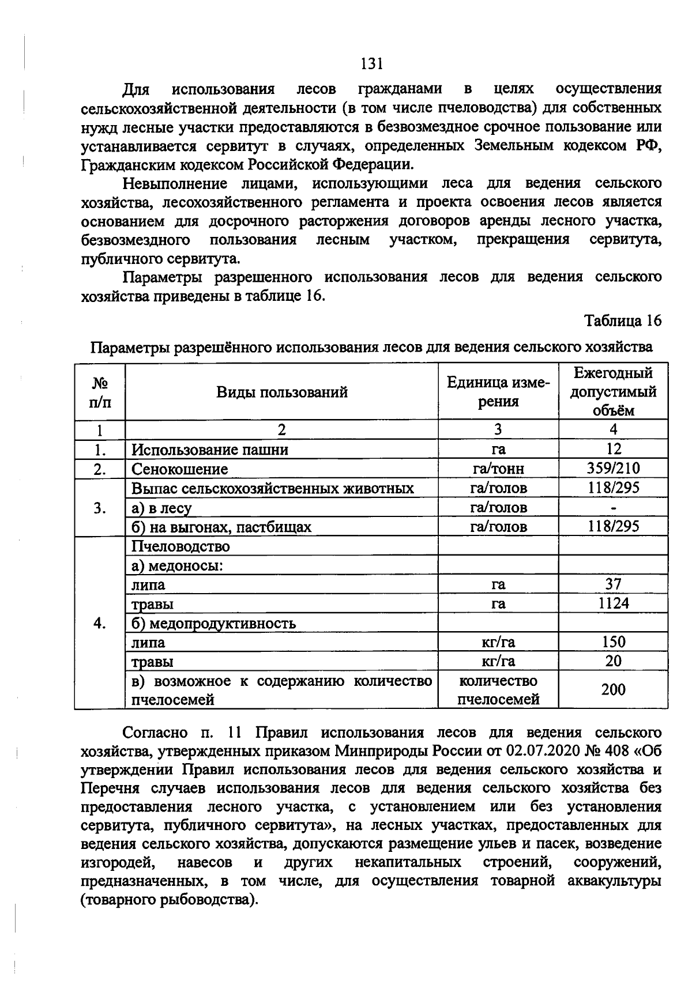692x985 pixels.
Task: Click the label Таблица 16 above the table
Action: tap(622, 320)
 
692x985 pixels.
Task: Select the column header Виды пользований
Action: tap(282, 393)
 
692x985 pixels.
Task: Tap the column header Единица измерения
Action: tap(498, 392)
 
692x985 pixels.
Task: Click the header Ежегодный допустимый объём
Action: tap(613, 391)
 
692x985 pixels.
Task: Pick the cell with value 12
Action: tap(614, 449)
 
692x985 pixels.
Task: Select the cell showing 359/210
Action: tap(614, 469)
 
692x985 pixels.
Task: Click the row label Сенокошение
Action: tap(179, 469)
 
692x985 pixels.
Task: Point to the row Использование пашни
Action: tap(210, 450)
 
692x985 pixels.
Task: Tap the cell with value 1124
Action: tap(614, 603)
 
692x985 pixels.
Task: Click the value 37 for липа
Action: tap(614, 584)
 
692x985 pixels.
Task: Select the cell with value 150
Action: tap(614, 642)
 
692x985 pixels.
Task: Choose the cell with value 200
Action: tap(614, 689)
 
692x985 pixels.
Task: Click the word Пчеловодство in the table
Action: tap(180, 546)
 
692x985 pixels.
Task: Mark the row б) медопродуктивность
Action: tap(213, 623)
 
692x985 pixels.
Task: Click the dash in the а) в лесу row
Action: tap(614, 508)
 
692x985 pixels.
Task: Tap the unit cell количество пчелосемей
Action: tap(498, 690)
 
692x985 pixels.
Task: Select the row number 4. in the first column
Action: tap(100, 623)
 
